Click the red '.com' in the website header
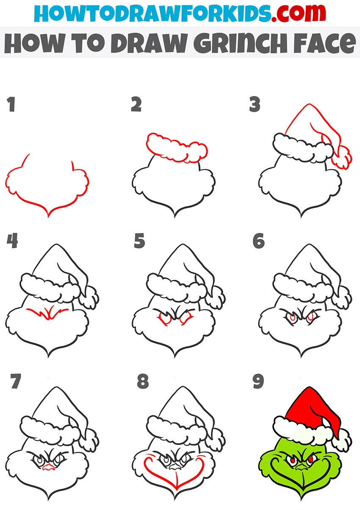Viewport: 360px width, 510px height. (299, 13)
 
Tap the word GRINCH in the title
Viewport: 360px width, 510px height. (240, 43)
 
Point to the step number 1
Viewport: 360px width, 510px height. (11, 104)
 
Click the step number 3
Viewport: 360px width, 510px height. (255, 104)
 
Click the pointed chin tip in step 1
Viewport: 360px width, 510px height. (48, 217)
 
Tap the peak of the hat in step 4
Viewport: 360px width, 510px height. (56, 245)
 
